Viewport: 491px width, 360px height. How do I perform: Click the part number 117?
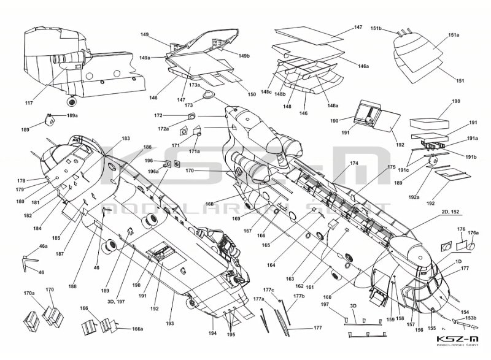tap(28, 102)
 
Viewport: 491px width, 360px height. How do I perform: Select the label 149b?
tap(244, 56)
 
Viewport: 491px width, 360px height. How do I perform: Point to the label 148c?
tap(266, 92)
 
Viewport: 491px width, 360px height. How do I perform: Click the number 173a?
tap(194, 85)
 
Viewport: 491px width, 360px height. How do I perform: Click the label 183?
tap(126, 139)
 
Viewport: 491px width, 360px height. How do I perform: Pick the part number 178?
tap(21, 181)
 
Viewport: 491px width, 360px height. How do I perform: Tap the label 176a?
tap(473, 233)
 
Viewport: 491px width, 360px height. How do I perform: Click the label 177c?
tap(269, 289)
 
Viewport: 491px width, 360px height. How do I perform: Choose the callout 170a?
tap(29, 294)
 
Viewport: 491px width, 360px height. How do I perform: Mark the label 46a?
tap(43, 246)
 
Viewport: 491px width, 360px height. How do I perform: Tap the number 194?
tap(213, 334)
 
